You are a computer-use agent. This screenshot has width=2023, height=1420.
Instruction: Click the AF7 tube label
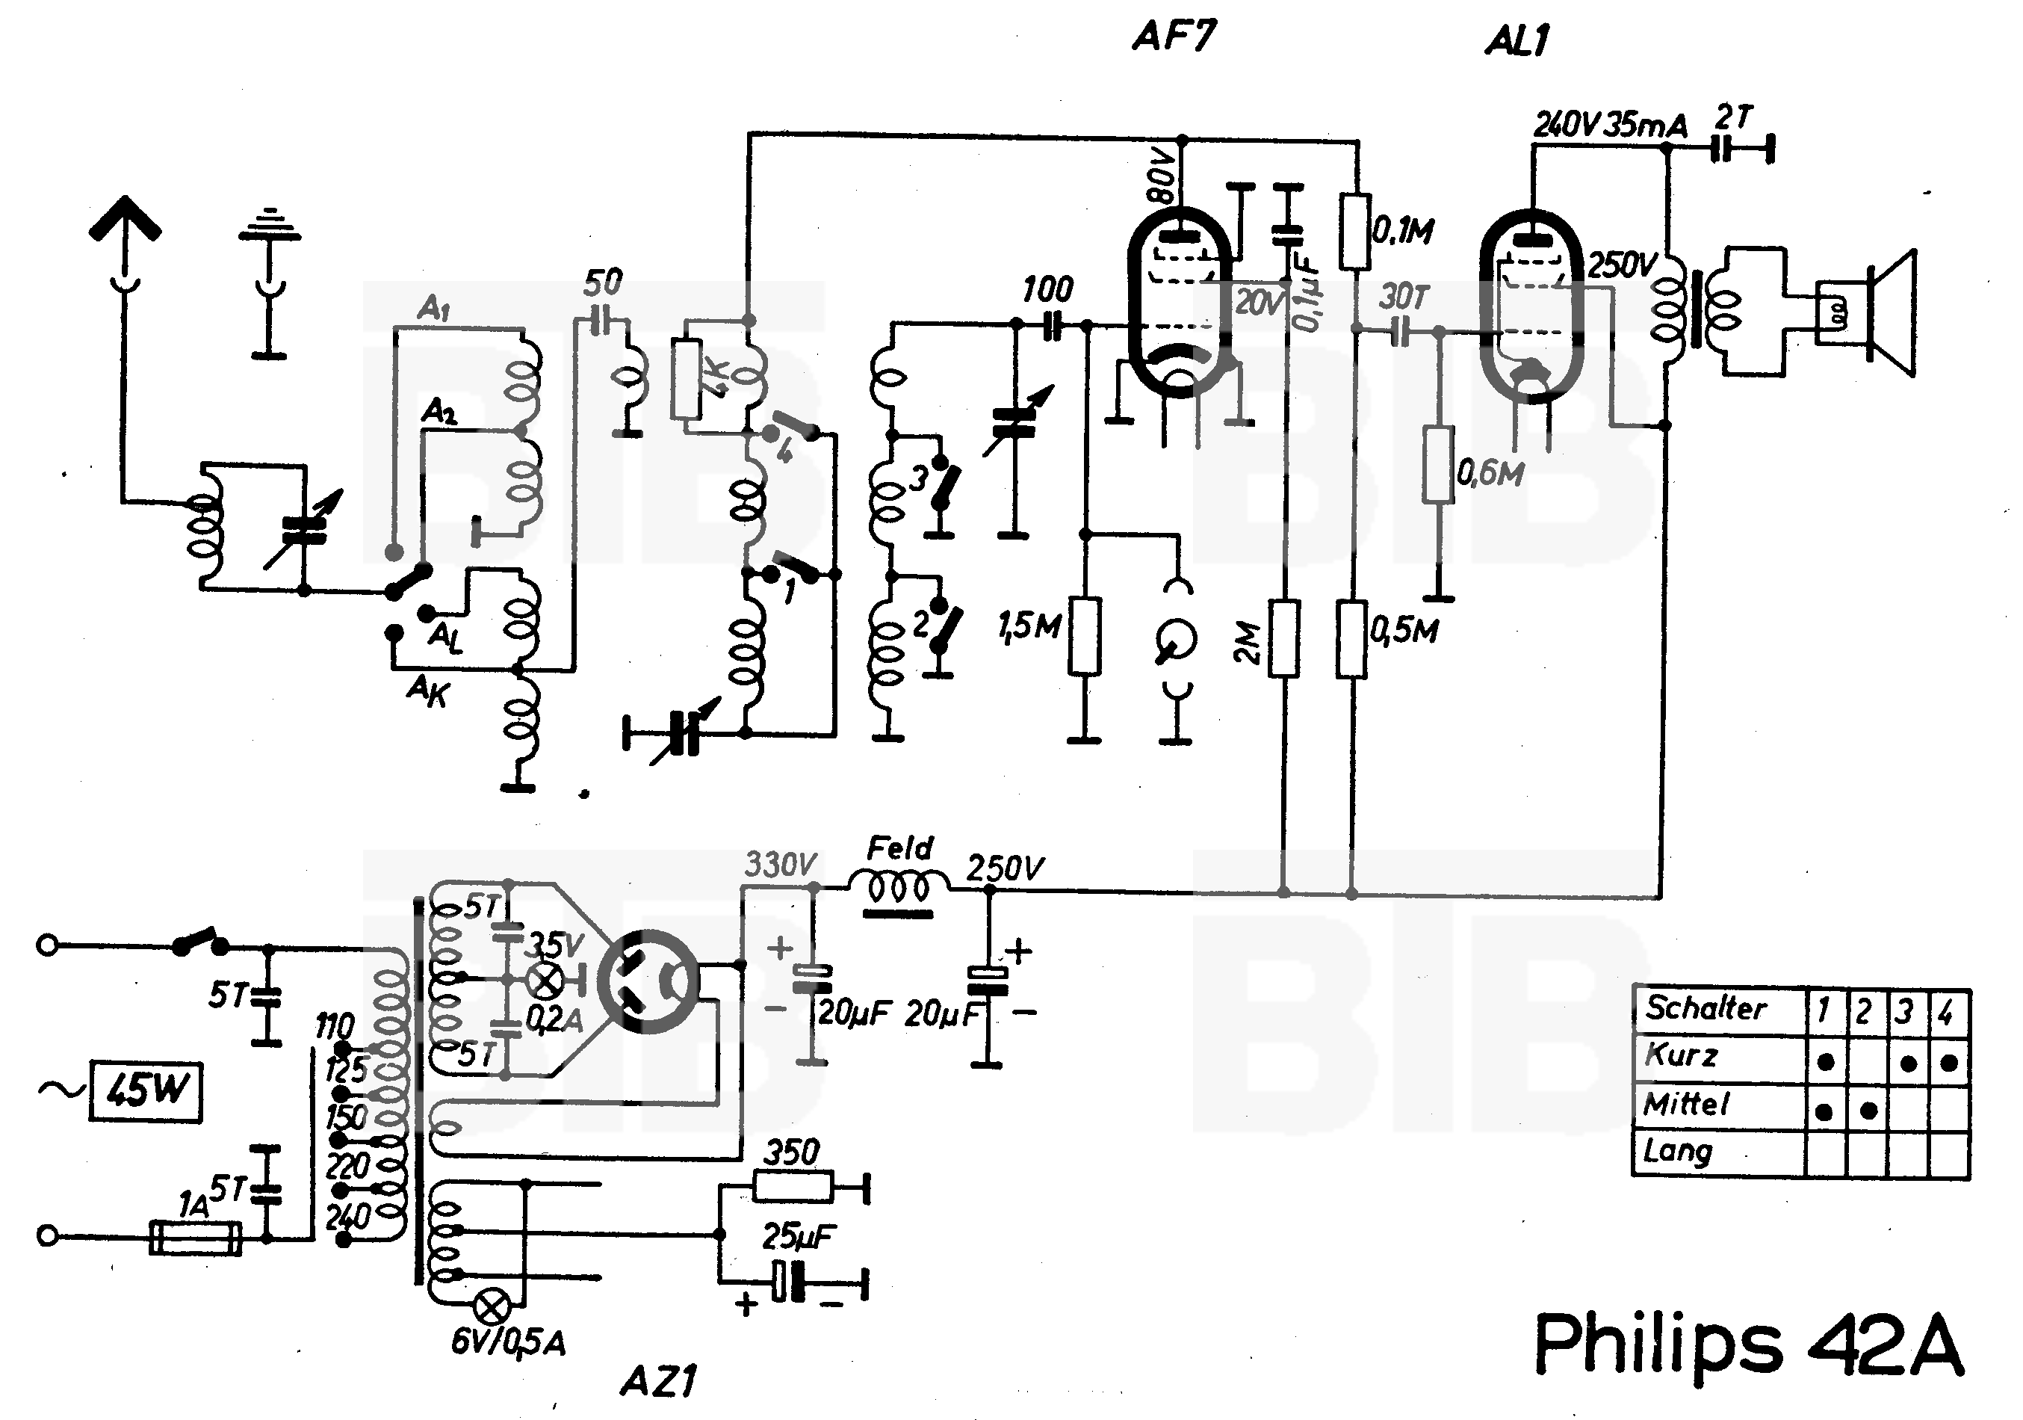pyautogui.click(x=1174, y=37)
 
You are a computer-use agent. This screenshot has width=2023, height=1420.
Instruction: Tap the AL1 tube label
pyautogui.click(x=1517, y=40)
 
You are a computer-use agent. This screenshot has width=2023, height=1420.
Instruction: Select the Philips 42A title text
pyautogui.click(x=1748, y=1345)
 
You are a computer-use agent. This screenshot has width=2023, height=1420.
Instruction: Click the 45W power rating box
pyautogui.click(x=146, y=1092)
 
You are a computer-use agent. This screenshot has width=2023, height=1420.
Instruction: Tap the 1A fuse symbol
pyautogui.click(x=196, y=1237)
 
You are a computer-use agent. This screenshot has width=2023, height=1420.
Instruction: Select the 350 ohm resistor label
pyautogui.click(x=790, y=1152)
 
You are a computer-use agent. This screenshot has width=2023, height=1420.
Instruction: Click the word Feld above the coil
pyautogui.click(x=899, y=849)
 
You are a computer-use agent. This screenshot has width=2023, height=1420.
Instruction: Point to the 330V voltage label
pyautogui.click(x=780, y=865)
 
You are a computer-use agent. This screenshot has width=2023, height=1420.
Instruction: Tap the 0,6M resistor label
pyautogui.click(x=1490, y=473)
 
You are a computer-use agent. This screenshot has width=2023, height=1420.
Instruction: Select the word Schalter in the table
pyautogui.click(x=1705, y=1007)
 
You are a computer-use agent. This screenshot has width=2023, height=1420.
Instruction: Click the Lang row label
pyautogui.click(x=1676, y=1151)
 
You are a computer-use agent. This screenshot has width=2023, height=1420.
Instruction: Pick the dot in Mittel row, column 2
pyautogui.click(x=1868, y=1111)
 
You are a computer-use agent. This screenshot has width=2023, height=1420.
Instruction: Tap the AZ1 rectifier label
pyautogui.click(x=658, y=1381)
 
